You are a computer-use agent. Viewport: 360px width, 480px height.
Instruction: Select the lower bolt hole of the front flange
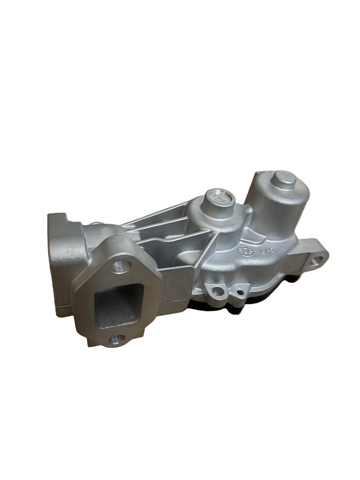tap(114, 340)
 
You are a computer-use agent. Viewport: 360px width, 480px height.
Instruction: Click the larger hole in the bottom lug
tap(217, 291)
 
